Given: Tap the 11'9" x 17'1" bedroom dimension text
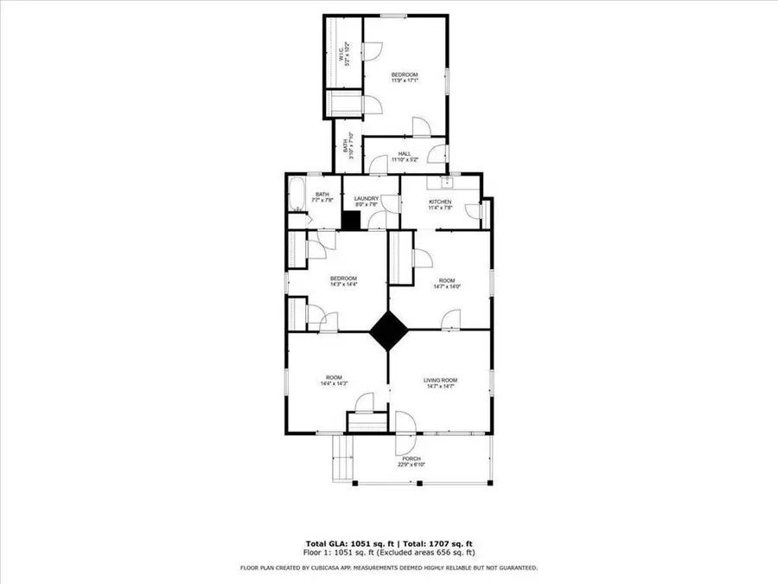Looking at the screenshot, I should click(x=405, y=81).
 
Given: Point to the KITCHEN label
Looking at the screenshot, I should click(x=440, y=202).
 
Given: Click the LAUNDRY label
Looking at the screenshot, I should click(x=366, y=198).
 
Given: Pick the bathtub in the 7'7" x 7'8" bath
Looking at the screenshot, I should click(x=296, y=195).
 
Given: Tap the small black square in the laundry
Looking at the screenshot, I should click(x=350, y=221).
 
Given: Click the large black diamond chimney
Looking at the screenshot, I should click(x=389, y=330).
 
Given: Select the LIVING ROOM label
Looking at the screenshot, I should click(x=439, y=380).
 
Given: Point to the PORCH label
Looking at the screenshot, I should click(x=411, y=459).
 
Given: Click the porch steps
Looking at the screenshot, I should click(x=344, y=456).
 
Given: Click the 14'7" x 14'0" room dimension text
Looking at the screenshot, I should click(x=446, y=286).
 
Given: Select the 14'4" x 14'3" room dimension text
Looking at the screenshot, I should click(x=334, y=384).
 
